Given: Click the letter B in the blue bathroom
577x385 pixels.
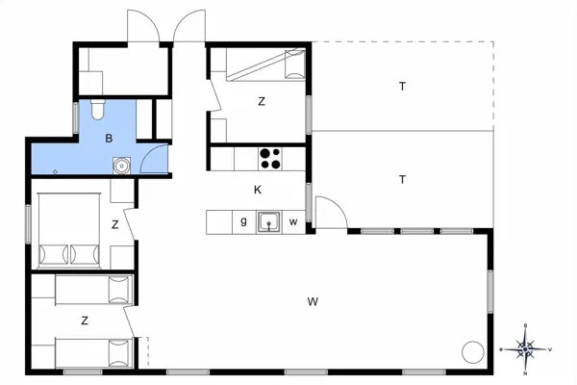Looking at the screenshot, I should click(110, 139).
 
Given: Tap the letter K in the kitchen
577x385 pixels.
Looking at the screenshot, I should click(258, 190).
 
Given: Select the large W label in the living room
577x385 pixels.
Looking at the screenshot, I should click(313, 302).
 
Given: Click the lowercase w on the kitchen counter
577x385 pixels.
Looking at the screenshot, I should click(293, 223).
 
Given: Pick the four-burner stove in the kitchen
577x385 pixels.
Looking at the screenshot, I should click(269, 157).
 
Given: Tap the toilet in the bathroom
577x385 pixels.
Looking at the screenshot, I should click(94, 112).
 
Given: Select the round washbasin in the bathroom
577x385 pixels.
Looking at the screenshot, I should click(120, 166).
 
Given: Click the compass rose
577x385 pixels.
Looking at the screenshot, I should click(525, 348).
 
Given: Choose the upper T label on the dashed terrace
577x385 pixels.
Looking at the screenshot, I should click(402, 87).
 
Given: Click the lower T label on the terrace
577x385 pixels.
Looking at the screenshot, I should click(402, 179).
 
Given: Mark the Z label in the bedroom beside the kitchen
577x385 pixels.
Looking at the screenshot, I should click(261, 101).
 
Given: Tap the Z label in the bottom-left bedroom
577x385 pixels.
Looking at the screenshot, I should click(85, 320).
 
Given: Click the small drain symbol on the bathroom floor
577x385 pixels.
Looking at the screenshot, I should click(56, 171).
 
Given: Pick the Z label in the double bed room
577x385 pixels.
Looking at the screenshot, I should click(114, 225).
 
